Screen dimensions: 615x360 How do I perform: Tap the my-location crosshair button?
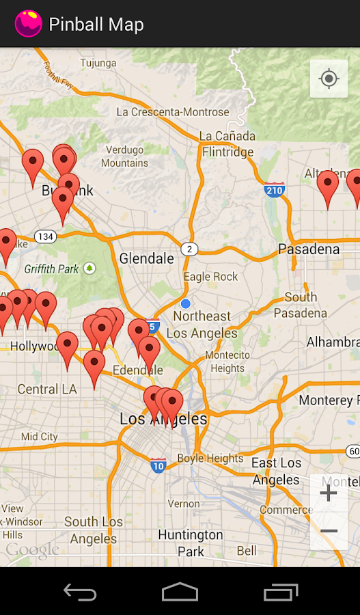(x=329, y=79)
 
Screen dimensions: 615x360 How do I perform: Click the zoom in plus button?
(x=329, y=493)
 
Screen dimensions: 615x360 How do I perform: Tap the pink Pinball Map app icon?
(x=28, y=24)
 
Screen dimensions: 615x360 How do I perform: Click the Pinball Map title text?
(x=96, y=25)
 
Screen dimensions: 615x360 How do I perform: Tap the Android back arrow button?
(x=80, y=592)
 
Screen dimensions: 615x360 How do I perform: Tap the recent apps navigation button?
(x=280, y=592)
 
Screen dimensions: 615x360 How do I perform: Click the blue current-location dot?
(x=185, y=303)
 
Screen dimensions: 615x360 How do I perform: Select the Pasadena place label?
(x=309, y=249)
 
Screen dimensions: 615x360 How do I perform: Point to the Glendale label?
(x=147, y=258)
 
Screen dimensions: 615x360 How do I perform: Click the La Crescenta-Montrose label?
(x=173, y=112)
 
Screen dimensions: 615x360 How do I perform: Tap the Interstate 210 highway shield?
(x=275, y=189)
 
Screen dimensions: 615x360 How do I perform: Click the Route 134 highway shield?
(x=46, y=236)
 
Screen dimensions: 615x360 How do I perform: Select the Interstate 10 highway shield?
(x=158, y=466)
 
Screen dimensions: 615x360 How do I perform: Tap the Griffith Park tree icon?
(x=89, y=269)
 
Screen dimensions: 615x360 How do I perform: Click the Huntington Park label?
(x=191, y=543)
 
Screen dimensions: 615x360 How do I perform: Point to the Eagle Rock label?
(x=211, y=277)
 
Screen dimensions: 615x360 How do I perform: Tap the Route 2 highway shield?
(x=189, y=249)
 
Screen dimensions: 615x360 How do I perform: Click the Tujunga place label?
(x=98, y=64)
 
